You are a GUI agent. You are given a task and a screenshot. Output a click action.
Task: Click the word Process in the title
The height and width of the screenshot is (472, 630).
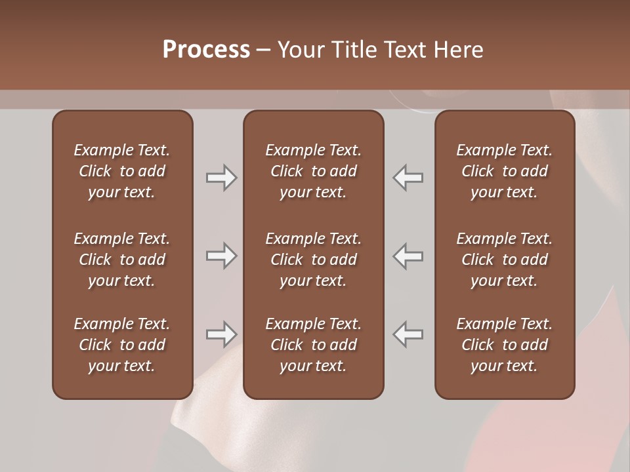[206, 50]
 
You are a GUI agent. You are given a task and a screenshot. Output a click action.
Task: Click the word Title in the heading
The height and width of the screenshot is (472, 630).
[353, 50]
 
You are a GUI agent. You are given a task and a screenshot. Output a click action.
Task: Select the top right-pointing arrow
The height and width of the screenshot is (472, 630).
[221, 178]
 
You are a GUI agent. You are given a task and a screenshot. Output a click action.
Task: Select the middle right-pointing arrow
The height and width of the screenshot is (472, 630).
[221, 256]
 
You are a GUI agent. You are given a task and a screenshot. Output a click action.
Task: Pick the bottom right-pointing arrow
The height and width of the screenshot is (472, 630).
[221, 334]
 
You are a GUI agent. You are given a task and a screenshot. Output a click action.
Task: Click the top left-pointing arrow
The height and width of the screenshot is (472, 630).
[408, 178]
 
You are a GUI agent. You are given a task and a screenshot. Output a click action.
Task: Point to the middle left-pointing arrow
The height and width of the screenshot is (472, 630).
[408, 256]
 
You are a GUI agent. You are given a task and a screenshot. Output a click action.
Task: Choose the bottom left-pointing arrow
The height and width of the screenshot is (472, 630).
[408, 334]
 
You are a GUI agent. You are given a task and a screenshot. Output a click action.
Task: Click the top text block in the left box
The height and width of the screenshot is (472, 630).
[122, 171]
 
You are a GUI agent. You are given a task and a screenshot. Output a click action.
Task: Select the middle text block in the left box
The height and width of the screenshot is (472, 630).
[122, 260]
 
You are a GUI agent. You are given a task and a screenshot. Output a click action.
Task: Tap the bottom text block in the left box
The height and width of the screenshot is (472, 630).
[122, 345]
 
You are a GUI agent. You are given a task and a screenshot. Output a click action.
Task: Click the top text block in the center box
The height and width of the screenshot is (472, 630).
[313, 171]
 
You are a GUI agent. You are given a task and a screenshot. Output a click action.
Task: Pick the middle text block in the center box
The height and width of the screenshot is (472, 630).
[313, 260]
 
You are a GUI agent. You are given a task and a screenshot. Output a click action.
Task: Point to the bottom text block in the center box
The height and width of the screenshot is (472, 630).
[313, 345]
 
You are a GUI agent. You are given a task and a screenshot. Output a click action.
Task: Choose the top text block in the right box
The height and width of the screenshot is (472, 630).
[505, 171]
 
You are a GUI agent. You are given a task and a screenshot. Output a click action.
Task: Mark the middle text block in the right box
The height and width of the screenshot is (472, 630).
[505, 260]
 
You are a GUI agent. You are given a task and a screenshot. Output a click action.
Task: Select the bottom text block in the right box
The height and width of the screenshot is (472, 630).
[505, 345]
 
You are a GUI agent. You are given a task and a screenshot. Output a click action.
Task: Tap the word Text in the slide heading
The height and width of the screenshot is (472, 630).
[405, 50]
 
